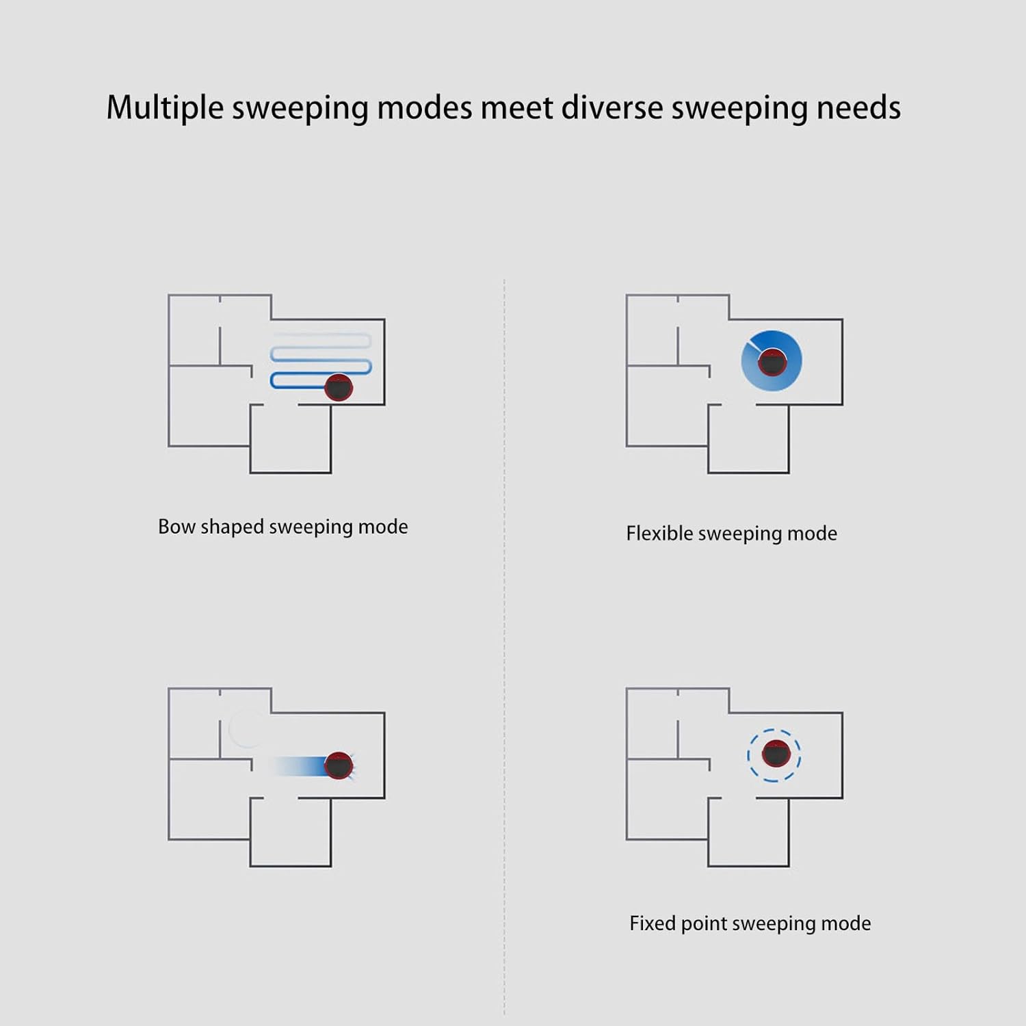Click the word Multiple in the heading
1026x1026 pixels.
pos(165,108)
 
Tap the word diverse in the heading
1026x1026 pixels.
pos(612,108)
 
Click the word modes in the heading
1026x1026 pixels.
pos(424,108)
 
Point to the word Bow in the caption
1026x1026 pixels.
pos(176,527)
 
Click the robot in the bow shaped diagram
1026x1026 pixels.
pos(339,387)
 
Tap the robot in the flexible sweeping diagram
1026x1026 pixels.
pos(772,362)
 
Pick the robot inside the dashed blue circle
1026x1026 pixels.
pos(776,754)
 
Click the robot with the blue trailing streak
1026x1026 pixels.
pos(339,765)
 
